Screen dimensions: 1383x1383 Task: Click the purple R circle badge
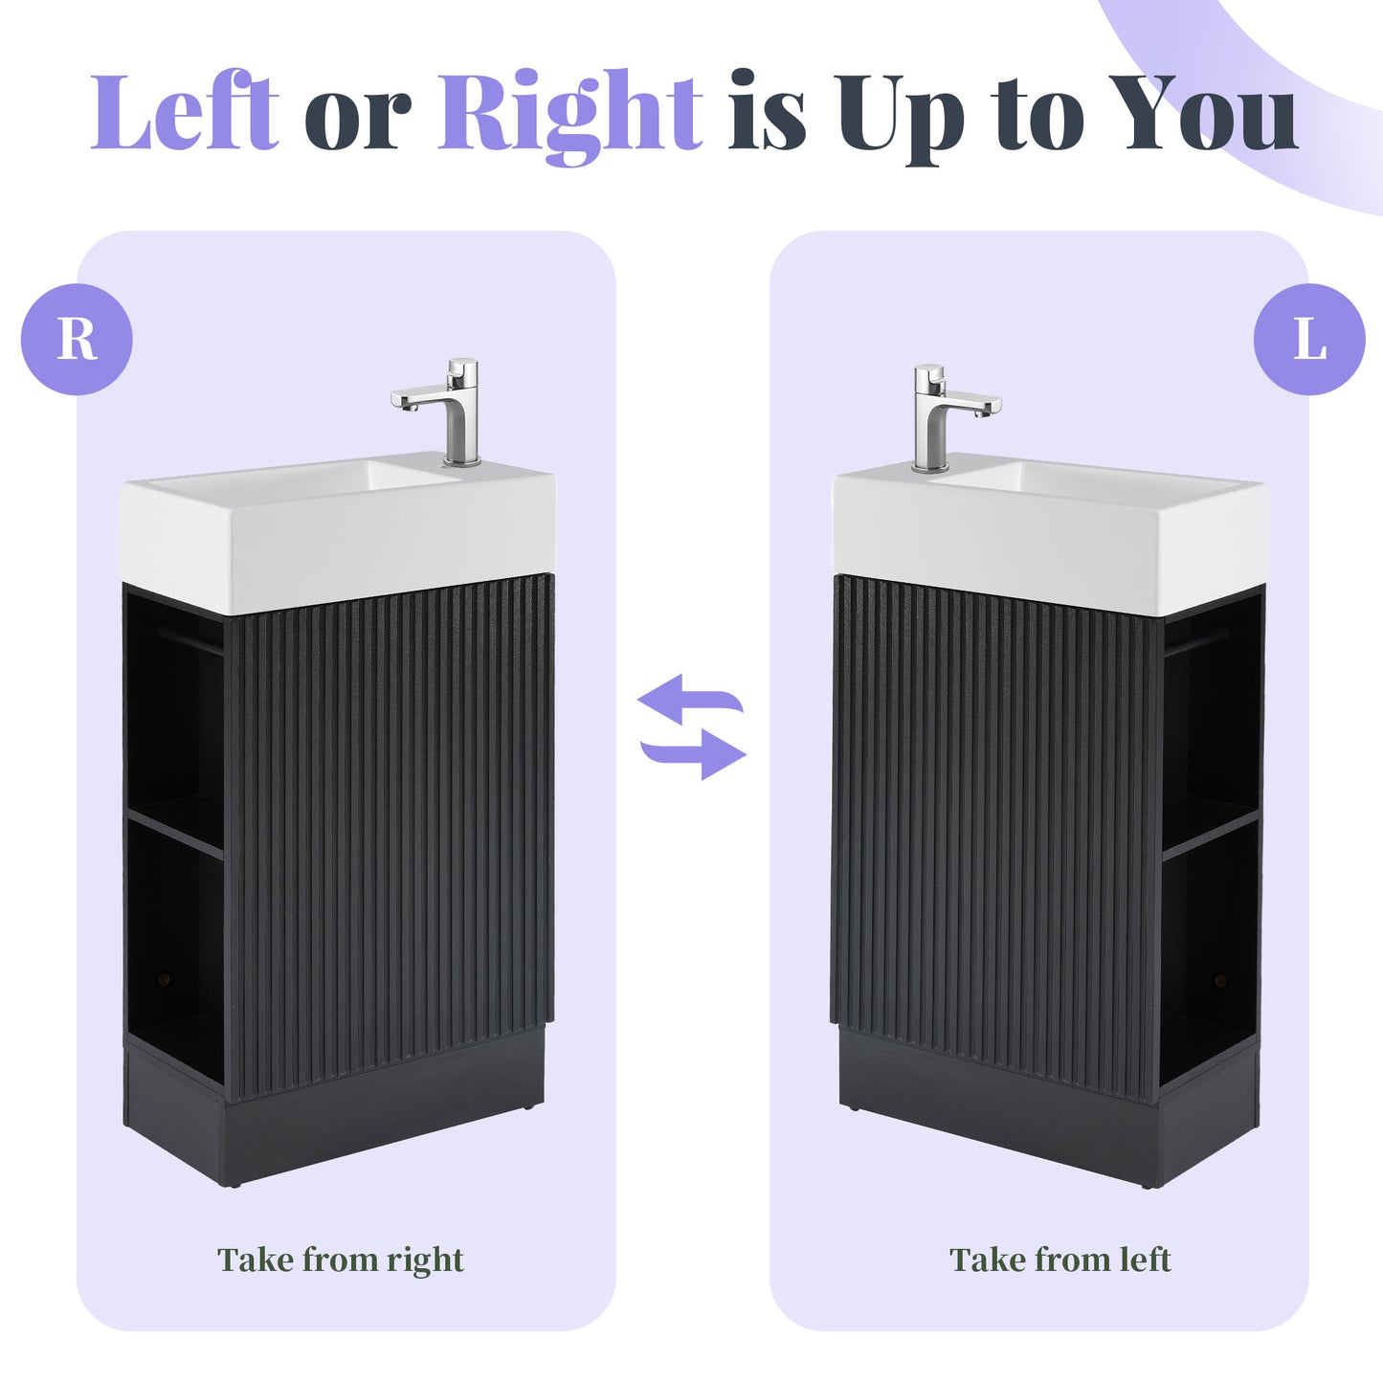click(x=77, y=339)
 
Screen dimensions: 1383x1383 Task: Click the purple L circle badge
click(x=1309, y=339)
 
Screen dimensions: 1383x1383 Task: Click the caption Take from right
click(x=341, y=1260)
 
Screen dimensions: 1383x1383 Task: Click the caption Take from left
click(x=1060, y=1260)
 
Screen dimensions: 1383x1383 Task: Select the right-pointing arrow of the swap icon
click(x=695, y=752)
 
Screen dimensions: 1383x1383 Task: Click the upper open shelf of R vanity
click(x=174, y=718)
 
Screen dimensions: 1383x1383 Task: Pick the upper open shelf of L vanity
click(x=1210, y=727)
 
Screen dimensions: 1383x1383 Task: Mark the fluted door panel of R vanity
click(x=392, y=833)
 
